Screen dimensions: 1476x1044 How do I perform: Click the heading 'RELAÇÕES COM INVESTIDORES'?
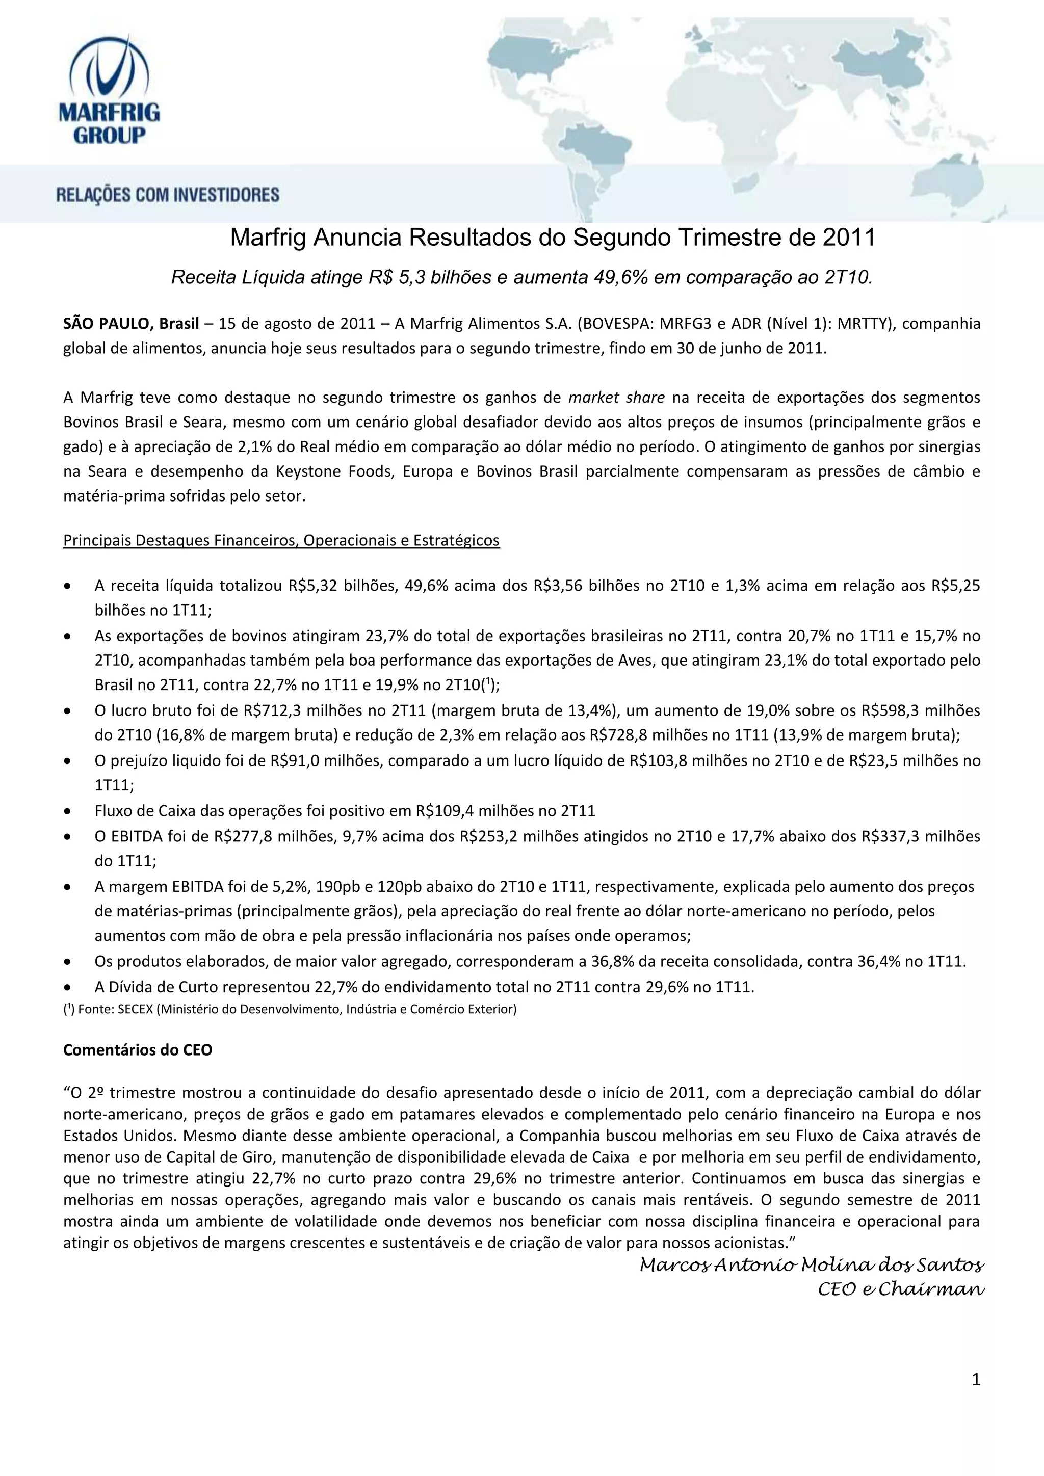click(x=168, y=194)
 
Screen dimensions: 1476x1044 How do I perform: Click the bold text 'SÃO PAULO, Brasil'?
click(x=131, y=323)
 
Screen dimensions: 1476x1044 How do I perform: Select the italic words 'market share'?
click(x=616, y=397)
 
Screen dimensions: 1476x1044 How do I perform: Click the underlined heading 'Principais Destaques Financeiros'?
click(x=281, y=540)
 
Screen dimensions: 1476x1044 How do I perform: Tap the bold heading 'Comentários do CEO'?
click(x=138, y=1050)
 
